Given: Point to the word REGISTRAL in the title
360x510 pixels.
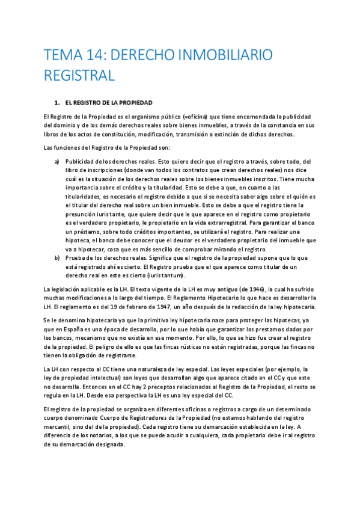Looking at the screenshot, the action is [x=79, y=76].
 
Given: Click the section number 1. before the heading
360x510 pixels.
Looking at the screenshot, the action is [x=56, y=103].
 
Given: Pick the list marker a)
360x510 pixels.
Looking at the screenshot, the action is [x=57, y=161].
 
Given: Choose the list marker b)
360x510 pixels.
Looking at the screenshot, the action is [x=57, y=258].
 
